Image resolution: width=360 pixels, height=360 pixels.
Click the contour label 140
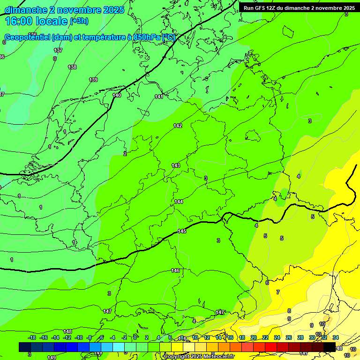click(117, 95)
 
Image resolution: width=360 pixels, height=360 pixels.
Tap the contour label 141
click(159, 97)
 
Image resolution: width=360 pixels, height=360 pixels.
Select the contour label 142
click(178, 126)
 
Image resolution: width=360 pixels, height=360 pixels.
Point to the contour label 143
click(176, 165)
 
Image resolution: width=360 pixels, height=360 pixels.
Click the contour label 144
click(179, 202)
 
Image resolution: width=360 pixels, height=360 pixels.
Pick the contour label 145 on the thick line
click(182, 232)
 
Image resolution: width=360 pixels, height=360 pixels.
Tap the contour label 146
click(175, 270)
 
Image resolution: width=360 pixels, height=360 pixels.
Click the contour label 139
click(93, 80)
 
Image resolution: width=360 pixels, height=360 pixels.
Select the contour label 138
click(72, 67)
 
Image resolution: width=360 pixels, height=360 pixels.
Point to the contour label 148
click(67, 331)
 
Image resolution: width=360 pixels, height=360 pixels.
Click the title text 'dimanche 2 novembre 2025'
click(64, 10)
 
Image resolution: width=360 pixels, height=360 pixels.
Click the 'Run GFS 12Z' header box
click(299, 7)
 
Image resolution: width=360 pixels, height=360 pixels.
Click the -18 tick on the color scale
click(32, 337)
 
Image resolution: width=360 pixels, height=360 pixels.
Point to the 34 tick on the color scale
click(336, 337)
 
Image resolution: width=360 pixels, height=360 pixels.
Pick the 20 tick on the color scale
click(254, 337)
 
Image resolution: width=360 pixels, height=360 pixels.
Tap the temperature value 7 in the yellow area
click(277, 292)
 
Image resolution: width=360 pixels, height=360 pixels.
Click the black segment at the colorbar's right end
click(330, 347)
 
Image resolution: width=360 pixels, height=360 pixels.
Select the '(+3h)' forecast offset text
click(79, 21)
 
